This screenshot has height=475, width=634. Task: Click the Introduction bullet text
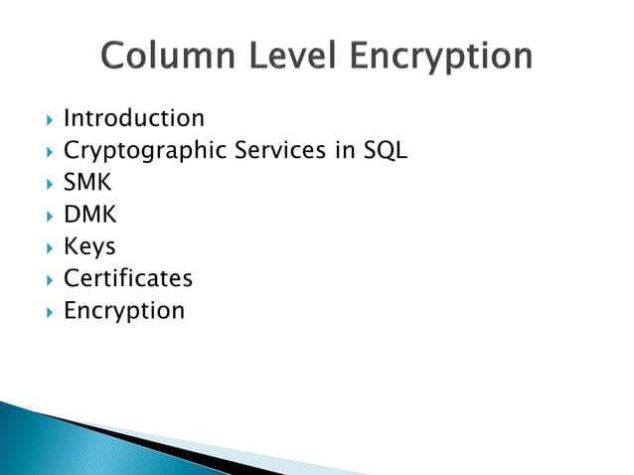pos(134,119)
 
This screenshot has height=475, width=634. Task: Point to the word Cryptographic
pos(145,152)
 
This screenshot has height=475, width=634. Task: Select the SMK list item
pos(87,183)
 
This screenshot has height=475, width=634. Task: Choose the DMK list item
pos(89,215)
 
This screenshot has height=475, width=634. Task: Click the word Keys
pos(89,246)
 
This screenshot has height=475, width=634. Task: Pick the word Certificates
pos(128,278)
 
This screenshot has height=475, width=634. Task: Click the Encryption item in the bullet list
pos(124,311)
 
